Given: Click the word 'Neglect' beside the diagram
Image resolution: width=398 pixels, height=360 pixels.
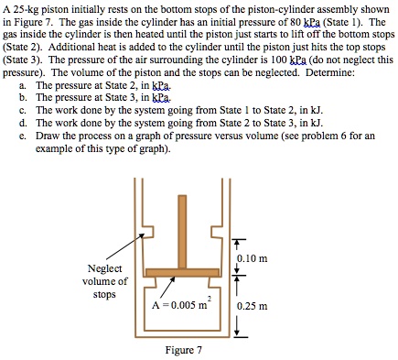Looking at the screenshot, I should (x=106, y=268).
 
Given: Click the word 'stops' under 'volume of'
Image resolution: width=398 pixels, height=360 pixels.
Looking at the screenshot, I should (x=106, y=295).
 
